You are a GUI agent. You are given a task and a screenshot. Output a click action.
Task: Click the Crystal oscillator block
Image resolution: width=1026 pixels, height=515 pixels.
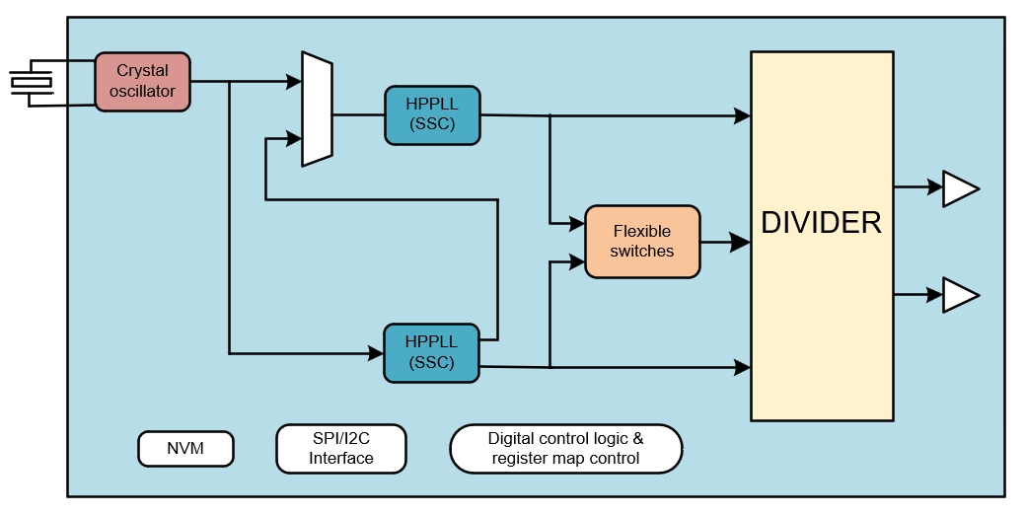pyautogui.click(x=142, y=82)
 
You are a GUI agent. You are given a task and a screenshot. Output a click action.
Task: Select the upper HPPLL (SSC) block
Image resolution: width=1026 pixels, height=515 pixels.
pyautogui.click(x=431, y=114)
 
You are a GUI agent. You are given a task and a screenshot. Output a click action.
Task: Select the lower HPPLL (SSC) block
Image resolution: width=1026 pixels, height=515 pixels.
pyautogui.click(x=430, y=352)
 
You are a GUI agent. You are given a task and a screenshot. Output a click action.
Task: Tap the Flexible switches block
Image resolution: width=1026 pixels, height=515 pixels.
pyautogui.click(x=642, y=242)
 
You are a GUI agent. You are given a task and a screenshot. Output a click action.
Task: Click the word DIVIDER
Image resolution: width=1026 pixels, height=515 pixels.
pyautogui.click(x=821, y=223)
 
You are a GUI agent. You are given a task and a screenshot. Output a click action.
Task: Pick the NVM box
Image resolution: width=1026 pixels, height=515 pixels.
pyautogui.click(x=185, y=448)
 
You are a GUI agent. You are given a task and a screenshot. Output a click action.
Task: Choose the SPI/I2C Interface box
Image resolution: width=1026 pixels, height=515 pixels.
pyautogui.click(x=341, y=449)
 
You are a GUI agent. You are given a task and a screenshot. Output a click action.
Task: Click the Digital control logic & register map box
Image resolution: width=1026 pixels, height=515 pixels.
pyautogui.click(x=565, y=449)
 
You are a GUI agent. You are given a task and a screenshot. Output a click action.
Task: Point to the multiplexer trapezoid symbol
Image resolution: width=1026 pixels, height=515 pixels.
pyautogui.click(x=317, y=109)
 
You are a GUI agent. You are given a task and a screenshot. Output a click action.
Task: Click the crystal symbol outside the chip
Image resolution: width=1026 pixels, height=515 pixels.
pyautogui.click(x=31, y=83)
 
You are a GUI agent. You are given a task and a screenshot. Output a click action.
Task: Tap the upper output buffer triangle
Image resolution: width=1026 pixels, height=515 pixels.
pyautogui.click(x=959, y=187)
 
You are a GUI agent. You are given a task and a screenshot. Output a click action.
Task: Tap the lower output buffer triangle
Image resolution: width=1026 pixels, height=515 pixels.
pyautogui.click(x=959, y=294)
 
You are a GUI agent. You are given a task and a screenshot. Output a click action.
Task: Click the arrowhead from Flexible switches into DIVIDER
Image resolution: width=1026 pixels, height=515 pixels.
pyautogui.click(x=740, y=242)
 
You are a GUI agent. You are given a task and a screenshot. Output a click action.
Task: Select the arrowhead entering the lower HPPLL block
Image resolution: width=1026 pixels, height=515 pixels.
pyautogui.click(x=375, y=351)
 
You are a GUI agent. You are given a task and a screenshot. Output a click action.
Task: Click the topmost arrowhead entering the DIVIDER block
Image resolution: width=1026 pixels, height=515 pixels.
pyautogui.click(x=742, y=115)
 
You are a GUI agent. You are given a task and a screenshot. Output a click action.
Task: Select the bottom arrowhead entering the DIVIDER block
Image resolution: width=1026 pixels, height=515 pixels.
pyautogui.click(x=742, y=368)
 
